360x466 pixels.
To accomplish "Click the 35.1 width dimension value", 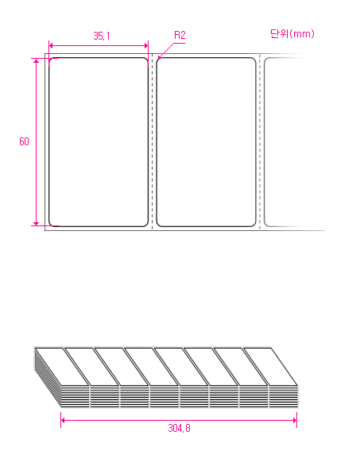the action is (x=102, y=36).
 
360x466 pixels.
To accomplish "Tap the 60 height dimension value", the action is (x=24, y=141).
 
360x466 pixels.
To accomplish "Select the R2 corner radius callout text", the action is (x=180, y=35).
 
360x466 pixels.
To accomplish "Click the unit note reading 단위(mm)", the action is (x=292, y=33).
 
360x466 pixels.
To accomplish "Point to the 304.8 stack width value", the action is (x=179, y=428).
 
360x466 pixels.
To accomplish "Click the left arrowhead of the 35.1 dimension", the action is (x=51, y=45).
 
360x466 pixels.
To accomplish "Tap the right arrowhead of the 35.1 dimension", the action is (x=146, y=45).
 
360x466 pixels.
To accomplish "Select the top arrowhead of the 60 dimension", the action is (x=37, y=60).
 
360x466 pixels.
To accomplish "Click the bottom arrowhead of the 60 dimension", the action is (x=37, y=224).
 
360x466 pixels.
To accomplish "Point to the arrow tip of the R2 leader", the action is (x=158, y=58).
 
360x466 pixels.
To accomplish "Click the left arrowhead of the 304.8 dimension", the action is (x=63, y=420).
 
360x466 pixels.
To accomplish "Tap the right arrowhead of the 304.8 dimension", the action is (x=295, y=420).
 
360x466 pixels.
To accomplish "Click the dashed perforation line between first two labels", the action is (x=153, y=142).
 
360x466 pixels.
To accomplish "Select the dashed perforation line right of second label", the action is (x=260, y=142).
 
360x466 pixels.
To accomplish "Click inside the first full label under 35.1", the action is (x=99, y=142).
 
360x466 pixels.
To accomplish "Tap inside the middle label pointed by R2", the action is (x=206, y=142).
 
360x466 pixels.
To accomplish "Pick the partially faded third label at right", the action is (x=285, y=142).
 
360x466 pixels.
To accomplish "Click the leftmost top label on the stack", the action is (x=62, y=367).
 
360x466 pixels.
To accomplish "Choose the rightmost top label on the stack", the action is (x=270, y=367).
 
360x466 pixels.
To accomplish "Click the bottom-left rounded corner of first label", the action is (x=50, y=225).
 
